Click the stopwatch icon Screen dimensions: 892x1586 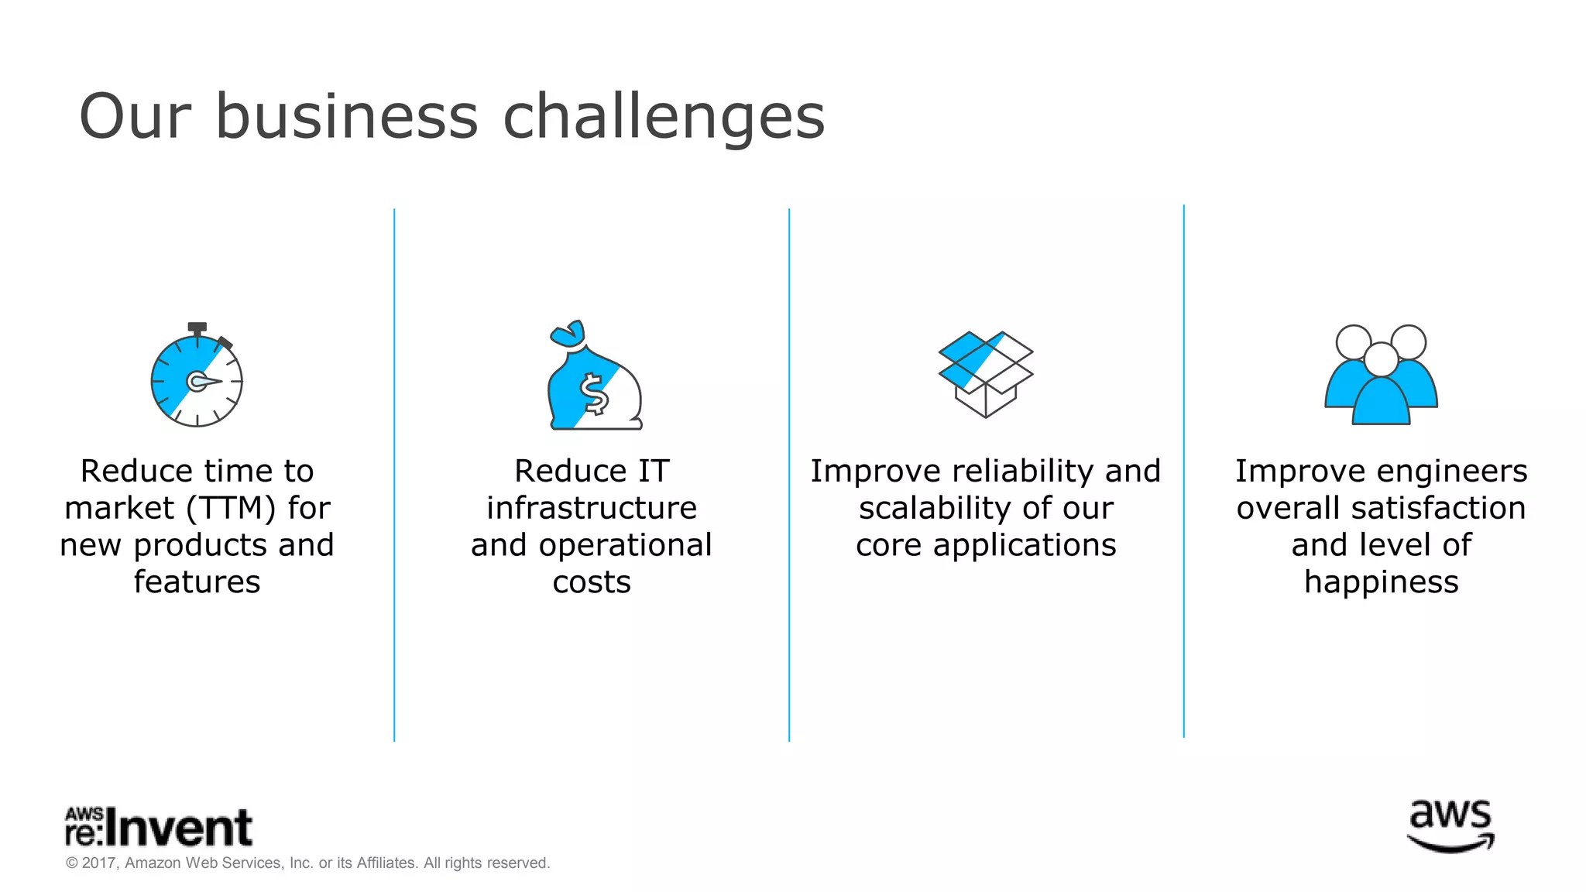pyautogui.click(x=197, y=379)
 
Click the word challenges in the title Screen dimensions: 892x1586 pyautogui.click(x=664, y=118)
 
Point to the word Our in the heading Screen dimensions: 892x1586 pyautogui.click(x=135, y=118)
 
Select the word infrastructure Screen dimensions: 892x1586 pyautogui.click(x=592, y=509)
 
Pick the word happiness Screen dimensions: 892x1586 pyautogui.click(x=1381, y=582)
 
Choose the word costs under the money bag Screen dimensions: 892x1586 pyautogui.click(x=592, y=582)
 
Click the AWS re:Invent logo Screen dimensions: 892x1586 pyautogui.click(x=159, y=827)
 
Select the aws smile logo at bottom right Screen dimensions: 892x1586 pyautogui.click(x=1450, y=827)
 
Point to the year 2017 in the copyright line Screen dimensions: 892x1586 pyautogui.click(x=99, y=863)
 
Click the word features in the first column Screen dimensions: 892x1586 pyautogui.click(x=197, y=582)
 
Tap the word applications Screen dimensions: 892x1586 pyautogui.click(x=1024, y=546)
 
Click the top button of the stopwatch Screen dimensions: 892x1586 pyautogui.click(x=197, y=328)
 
